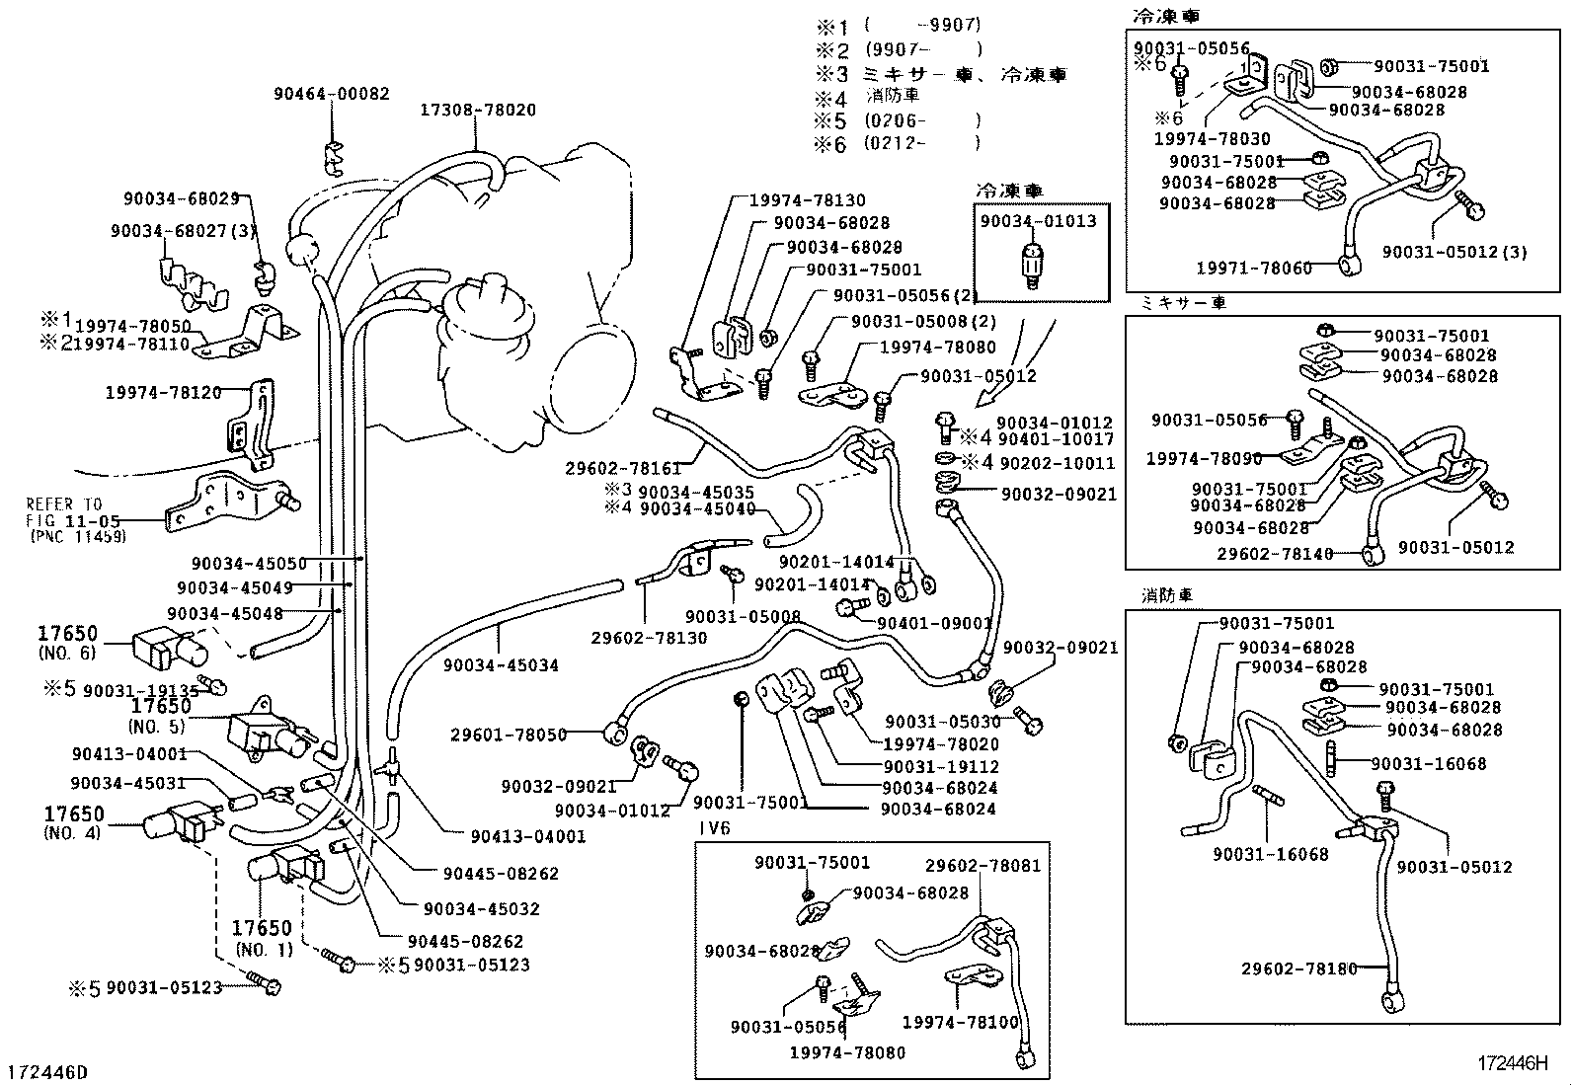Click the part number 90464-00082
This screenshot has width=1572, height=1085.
(332, 94)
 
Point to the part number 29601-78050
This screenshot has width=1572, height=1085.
(509, 735)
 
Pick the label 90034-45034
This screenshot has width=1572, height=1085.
(501, 665)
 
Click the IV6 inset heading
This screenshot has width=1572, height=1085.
(714, 828)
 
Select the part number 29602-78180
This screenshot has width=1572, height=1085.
(1299, 969)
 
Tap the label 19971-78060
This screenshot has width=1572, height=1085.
(1254, 268)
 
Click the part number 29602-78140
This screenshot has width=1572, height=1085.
(1275, 554)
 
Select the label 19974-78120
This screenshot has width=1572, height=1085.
(163, 392)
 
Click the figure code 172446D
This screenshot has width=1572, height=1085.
(47, 1072)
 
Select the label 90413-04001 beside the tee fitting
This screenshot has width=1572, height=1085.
(528, 836)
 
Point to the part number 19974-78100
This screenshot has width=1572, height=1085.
(960, 1022)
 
